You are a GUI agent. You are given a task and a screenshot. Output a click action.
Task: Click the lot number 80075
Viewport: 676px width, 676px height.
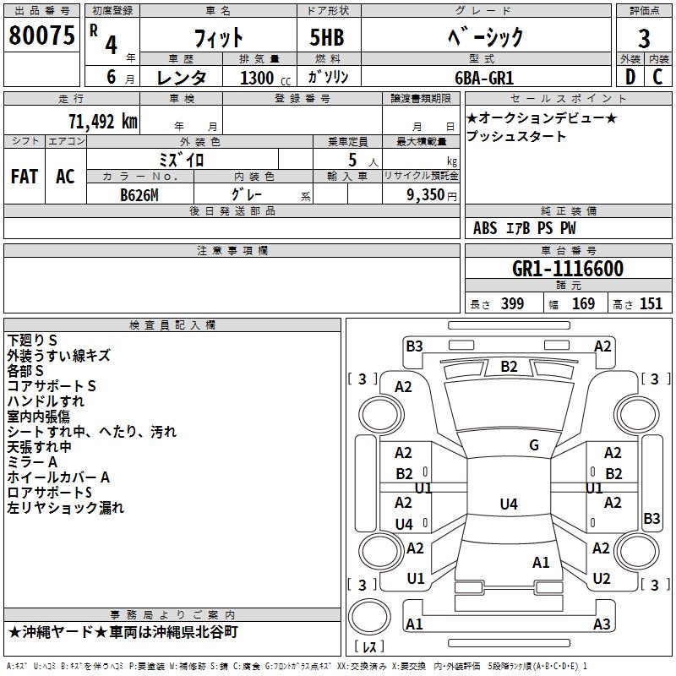[x=41, y=35]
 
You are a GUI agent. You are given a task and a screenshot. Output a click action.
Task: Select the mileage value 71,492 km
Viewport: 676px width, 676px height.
[x=103, y=122]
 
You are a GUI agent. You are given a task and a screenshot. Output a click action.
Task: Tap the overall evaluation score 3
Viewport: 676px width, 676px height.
[x=644, y=39]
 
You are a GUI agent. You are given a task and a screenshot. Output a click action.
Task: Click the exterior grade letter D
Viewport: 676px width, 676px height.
[x=630, y=77]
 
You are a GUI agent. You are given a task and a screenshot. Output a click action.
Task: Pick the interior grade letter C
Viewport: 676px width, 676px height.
[x=657, y=77]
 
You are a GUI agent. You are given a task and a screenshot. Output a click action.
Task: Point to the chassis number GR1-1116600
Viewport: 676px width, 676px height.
[x=568, y=269]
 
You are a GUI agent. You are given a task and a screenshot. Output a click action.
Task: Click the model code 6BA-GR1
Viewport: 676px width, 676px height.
[x=484, y=78]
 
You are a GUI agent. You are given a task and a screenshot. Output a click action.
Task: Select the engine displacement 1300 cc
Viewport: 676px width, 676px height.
[x=265, y=78]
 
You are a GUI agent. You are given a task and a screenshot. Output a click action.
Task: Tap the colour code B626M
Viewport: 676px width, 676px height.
[x=139, y=195]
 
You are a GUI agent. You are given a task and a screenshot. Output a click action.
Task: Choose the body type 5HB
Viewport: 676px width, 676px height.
[x=327, y=37]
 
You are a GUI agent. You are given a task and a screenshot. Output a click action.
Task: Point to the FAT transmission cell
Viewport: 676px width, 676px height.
[x=25, y=177]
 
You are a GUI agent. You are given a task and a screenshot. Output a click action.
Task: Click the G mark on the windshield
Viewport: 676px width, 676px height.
[x=534, y=445]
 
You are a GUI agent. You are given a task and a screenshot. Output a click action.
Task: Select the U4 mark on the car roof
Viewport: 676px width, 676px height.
[x=509, y=504]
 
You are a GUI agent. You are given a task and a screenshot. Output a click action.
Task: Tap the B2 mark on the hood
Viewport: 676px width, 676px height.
[x=509, y=367]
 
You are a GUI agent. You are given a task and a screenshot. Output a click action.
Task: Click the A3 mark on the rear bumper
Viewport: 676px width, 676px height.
[x=602, y=624]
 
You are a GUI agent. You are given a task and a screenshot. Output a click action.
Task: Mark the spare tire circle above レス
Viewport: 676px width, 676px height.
[x=369, y=616]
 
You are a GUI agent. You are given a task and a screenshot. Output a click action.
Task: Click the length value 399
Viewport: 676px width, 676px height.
[x=512, y=304]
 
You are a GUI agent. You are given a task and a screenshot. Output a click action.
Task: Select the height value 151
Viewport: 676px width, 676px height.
[x=651, y=304]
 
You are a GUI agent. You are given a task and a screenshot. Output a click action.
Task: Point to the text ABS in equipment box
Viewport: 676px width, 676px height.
[x=485, y=228]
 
